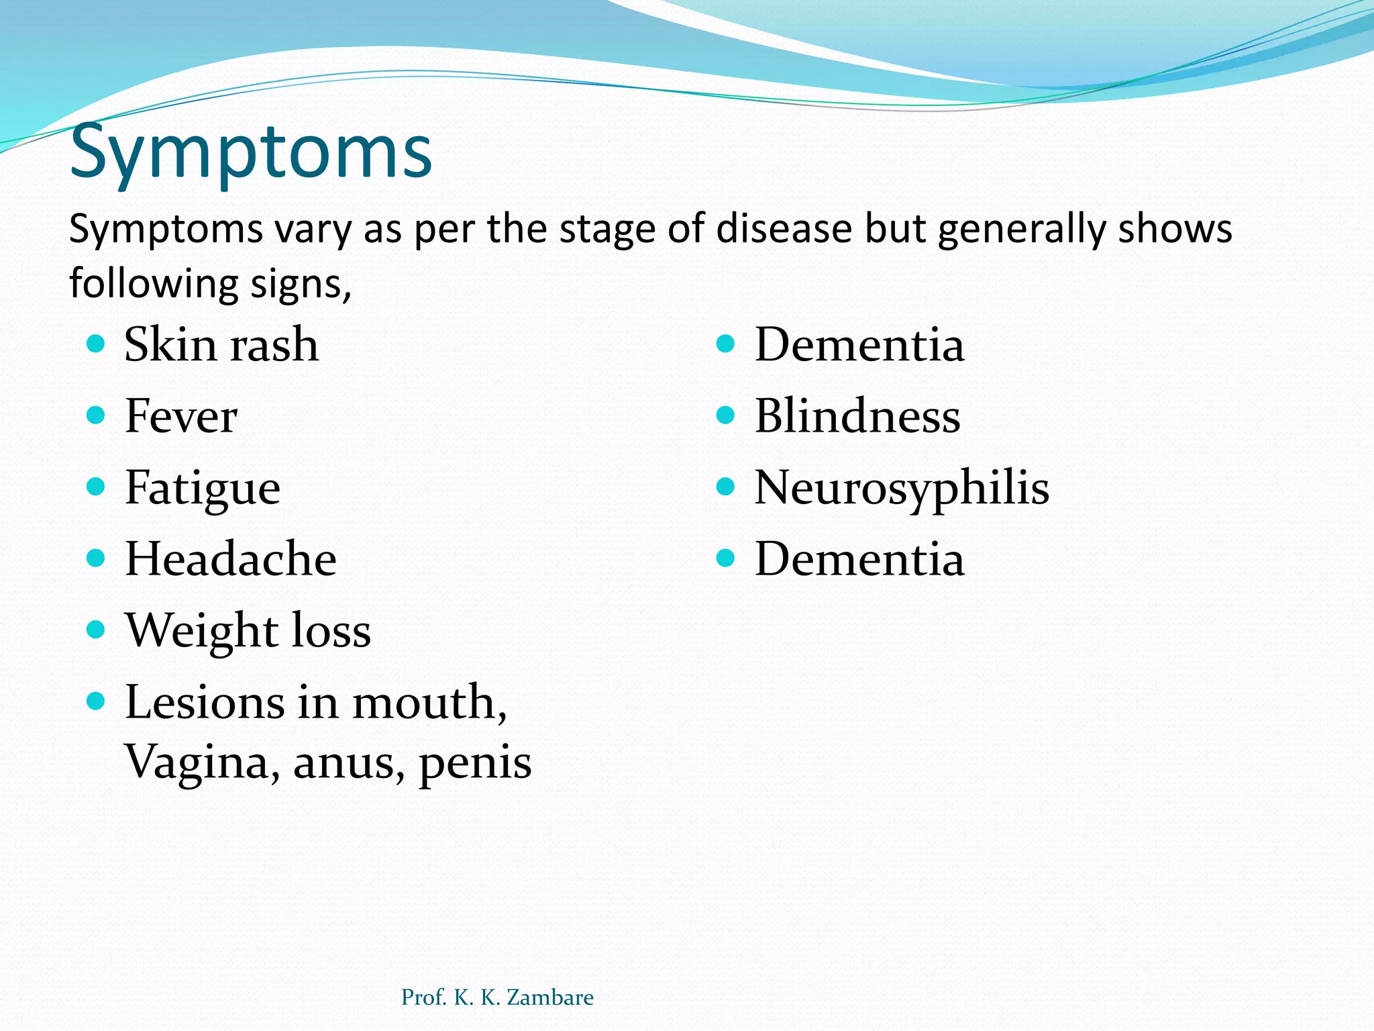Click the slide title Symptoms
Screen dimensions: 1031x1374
tap(250, 152)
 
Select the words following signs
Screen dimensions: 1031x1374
tap(210, 283)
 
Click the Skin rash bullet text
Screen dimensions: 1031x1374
tap(221, 344)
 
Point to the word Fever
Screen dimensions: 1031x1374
tap(180, 416)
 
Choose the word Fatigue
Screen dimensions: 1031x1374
tap(202, 488)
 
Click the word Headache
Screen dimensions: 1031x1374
tap(230, 559)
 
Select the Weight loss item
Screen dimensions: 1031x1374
tap(248, 631)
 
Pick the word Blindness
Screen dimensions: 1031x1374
tap(857, 416)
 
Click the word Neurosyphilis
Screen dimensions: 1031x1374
tap(901, 488)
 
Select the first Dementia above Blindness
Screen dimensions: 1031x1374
tap(859, 344)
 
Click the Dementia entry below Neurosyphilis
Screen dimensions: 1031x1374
tap(859, 559)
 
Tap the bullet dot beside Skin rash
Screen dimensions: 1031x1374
tap(96, 344)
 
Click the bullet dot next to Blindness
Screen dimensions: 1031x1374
tap(725, 415)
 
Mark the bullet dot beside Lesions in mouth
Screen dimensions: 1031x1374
tap(96, 701)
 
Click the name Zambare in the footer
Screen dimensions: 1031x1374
tap(549, 997)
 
